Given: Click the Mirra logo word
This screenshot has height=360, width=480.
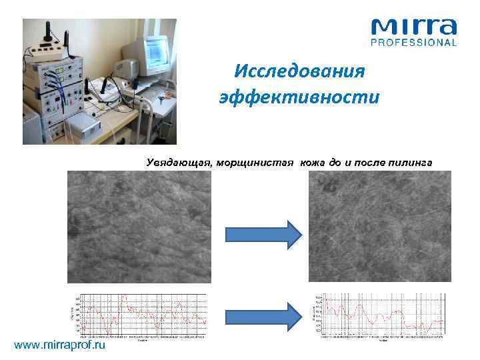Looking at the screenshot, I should (x=414, y=27).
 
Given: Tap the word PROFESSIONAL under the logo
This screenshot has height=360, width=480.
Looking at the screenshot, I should (x=414, y=43).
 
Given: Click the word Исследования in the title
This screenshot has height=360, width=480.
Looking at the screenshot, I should (x=300, y=71).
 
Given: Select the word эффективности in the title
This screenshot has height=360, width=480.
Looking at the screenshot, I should (x=300, y=97).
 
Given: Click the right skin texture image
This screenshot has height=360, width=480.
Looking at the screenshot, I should (x=379, y=227).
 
